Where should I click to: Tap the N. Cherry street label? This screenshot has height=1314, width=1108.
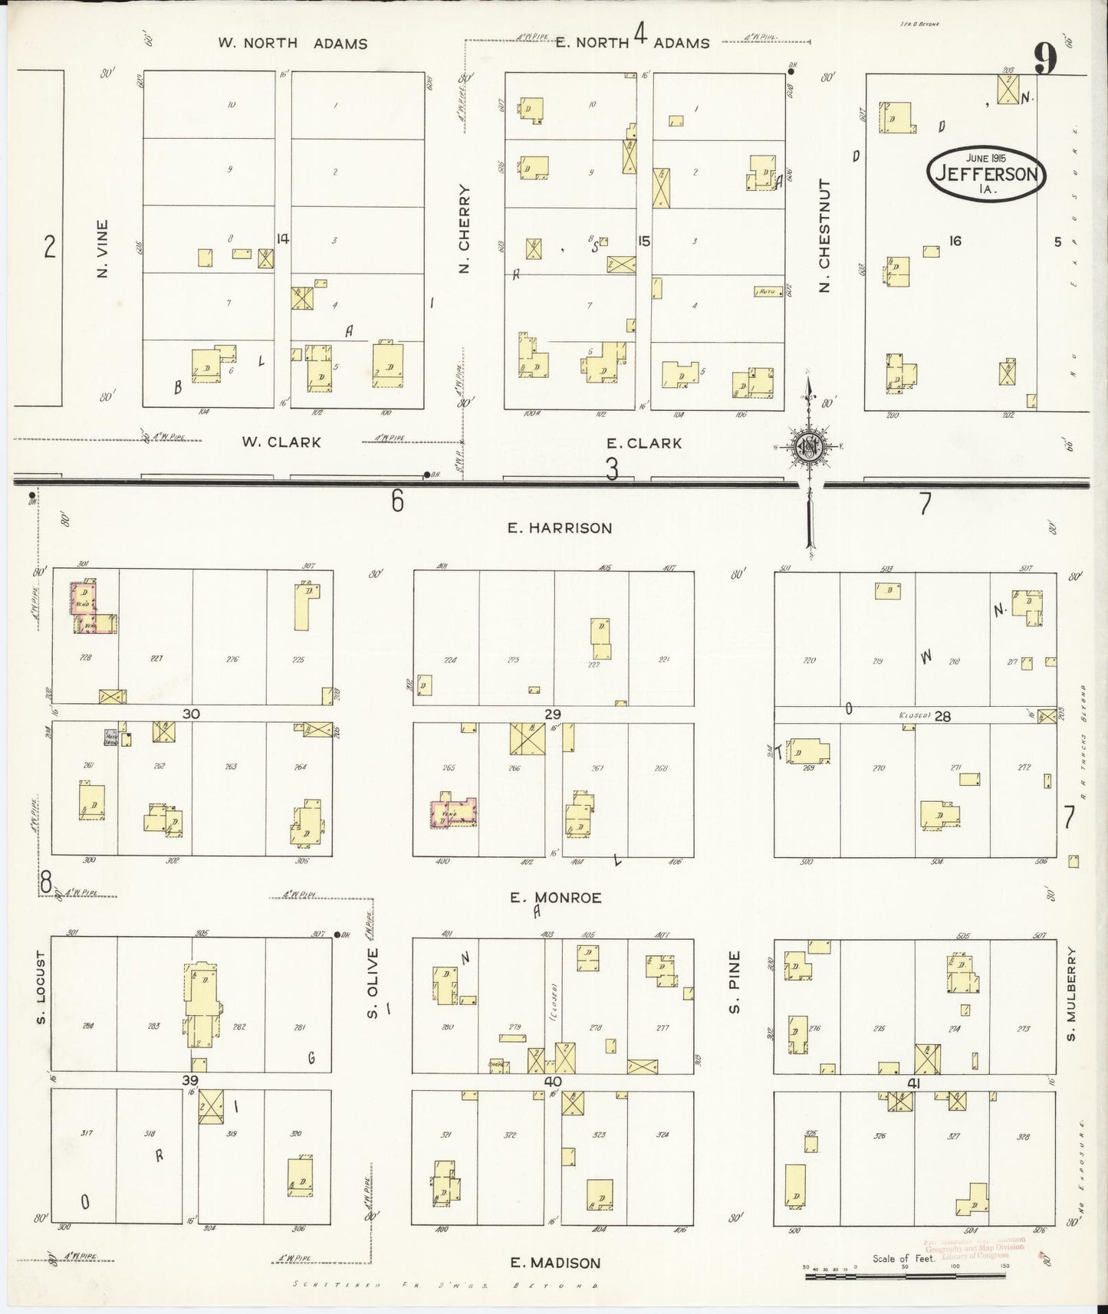464,228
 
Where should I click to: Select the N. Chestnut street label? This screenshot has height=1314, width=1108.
825,236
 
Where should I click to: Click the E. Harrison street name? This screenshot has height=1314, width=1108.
559,527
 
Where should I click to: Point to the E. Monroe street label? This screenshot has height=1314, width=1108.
556,897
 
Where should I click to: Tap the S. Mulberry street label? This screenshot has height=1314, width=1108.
1071,994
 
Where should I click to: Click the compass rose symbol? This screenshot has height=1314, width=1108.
808,451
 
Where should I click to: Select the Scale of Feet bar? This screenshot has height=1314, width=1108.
905,1276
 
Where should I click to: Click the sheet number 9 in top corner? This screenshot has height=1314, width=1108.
1044,58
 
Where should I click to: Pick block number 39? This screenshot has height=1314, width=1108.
190,1080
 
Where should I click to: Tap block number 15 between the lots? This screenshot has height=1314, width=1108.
643,241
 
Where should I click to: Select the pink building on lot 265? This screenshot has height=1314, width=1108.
452,813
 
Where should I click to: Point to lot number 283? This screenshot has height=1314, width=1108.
153,1027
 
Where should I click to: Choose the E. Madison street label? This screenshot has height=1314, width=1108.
556,1263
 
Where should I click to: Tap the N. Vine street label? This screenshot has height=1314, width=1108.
103,249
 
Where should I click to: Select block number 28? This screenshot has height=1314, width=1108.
942,715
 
